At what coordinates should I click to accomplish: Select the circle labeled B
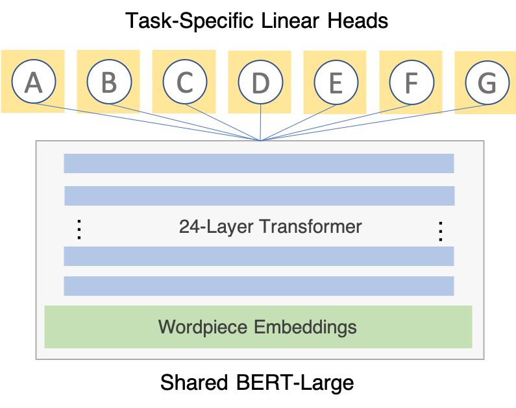coord(109,82)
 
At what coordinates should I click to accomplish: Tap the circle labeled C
coord(184,82)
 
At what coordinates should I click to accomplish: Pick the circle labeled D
coord(260,82)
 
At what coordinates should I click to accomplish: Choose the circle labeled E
coord(336,82)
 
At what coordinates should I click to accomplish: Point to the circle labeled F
coord(411,82)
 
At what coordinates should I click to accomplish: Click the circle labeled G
coord(487,82)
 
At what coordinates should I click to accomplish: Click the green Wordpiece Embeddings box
coord(258,326)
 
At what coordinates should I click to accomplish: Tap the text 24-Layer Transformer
coord(270,227)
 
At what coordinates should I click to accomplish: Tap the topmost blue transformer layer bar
coord(258,163)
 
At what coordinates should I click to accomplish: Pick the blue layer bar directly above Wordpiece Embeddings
coord(258,286)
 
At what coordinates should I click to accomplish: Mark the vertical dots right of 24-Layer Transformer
coord(440,230)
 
